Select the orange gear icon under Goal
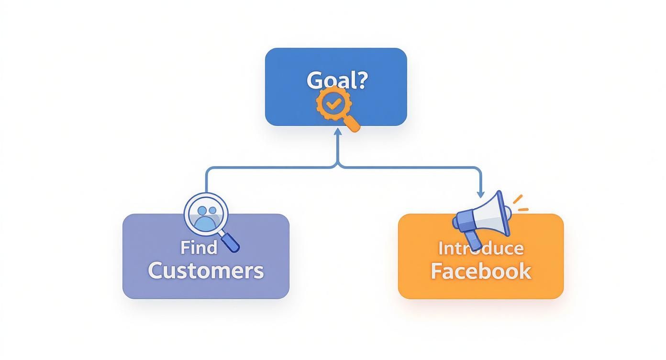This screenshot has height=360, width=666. [332, 103]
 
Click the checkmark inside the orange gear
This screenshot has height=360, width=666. [332, 103]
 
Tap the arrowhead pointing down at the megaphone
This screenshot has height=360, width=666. [480, 194]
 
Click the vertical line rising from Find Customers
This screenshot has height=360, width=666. [206, 181]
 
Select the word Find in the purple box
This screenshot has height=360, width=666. [199, 247]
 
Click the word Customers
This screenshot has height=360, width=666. [206, 270]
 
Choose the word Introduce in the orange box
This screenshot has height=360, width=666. [480, 248]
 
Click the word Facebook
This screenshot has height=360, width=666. [480, 270]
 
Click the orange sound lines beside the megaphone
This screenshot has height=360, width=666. [520, 203]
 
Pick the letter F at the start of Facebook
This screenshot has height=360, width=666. [436, 270]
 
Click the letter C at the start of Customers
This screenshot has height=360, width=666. [156, 270]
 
